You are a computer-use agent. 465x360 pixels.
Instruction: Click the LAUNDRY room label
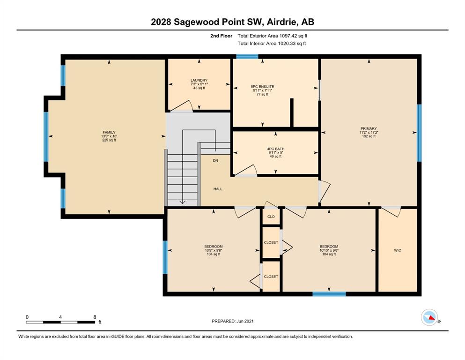point(199,80)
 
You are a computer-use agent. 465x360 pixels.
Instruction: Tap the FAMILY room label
point(109,132)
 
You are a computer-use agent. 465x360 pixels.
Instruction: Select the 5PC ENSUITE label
point(262,87)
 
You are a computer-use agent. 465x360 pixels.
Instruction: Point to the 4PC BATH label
point(276,149)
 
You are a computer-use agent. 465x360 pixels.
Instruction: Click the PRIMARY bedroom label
point(369,128)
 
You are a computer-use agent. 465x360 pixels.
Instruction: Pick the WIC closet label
point(398,250)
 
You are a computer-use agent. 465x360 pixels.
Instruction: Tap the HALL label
point(218,189)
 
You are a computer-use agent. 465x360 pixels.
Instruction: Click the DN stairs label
point(215,160)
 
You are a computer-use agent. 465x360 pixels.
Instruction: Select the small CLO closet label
point(271,217)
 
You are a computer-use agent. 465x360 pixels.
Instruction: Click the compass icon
point(429,317)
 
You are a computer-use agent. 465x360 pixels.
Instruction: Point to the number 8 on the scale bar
point(95,317)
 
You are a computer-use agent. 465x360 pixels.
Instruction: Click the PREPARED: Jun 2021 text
point(232,321)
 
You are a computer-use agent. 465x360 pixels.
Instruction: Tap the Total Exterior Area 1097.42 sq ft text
point(272,36)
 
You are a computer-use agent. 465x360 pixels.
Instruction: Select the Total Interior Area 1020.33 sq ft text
point(272,43)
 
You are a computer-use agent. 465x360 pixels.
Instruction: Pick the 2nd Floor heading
point(221,36)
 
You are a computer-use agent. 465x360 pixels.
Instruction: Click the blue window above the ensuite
point(247,56)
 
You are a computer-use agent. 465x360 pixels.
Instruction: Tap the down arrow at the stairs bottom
point(182,202)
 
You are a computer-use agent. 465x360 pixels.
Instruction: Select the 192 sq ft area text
point(369,136)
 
